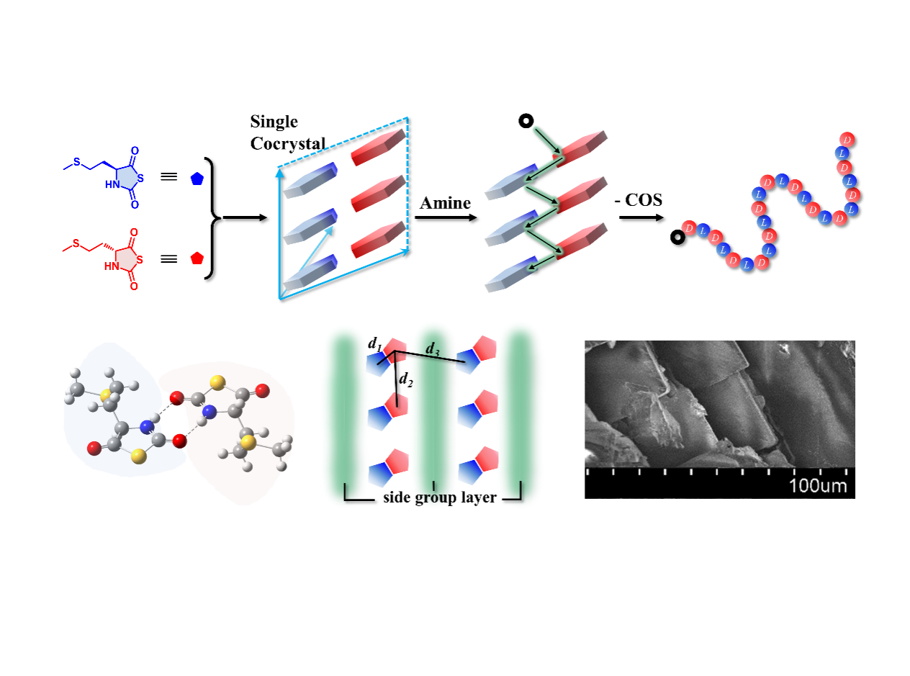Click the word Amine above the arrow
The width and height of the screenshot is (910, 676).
pyautogui.click(x=445, y=203)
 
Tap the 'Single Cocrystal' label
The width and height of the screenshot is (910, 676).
pyautogui.click(x=284, y=132)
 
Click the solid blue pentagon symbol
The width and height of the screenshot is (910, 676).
pyautogui.click(x=197, y=180)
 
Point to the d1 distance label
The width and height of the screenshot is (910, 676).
pyautogui.click(x=374, y=346)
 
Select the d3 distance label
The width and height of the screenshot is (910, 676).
pyautogui.click(x=433, y=349)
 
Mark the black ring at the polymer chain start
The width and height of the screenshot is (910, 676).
pyautogui.click(x=677, y=237)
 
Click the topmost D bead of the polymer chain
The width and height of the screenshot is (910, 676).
pyautogui.click(x=848, y=139)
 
